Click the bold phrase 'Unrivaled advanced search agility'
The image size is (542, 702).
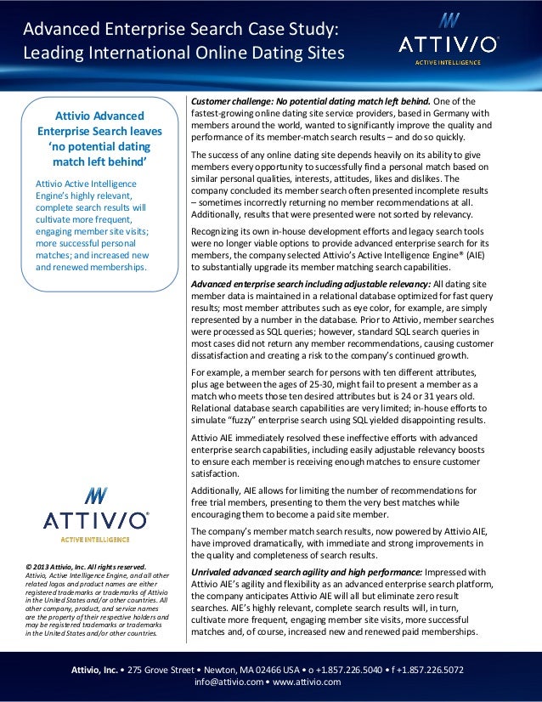279,572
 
